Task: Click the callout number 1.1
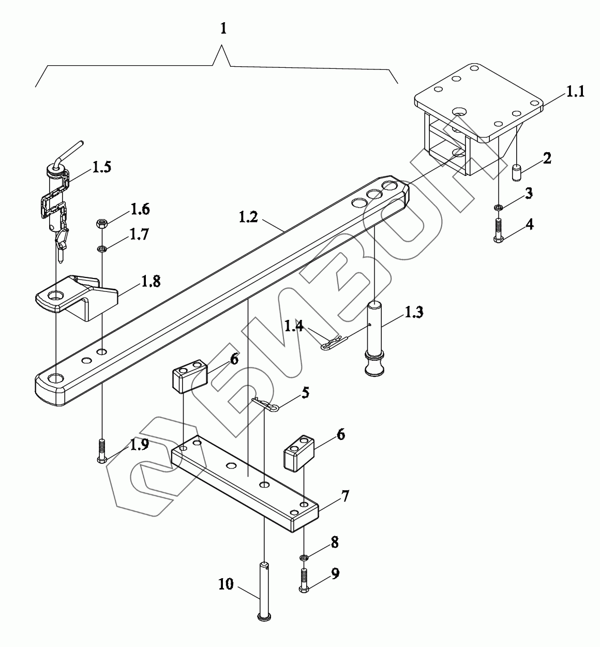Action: coord(575,91)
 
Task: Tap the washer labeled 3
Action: coord(498,207)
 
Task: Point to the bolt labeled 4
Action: coord(499,231)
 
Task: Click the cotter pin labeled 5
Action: coord(266,404)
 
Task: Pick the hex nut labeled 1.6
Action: coord(102,224)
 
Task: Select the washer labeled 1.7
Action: coord(102,249)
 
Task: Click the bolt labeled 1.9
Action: coord(101,451)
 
